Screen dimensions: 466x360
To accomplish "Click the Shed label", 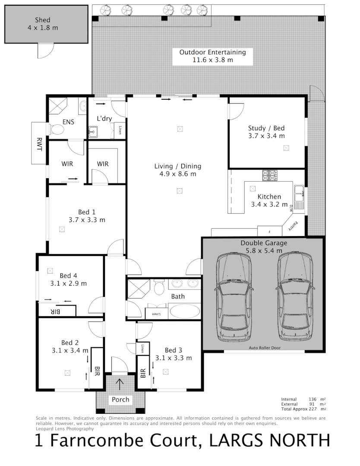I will pyautogui.click(x=42, y=20).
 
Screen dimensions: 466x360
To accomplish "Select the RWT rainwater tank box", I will pyautogui.click(x=39, y=143).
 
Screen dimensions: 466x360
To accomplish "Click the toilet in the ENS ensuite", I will pyautogui.click(x=56, y=129).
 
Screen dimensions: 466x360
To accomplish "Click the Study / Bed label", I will pyautogui.click(x=266, y=128).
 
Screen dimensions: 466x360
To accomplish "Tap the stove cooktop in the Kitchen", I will pyautogui.click(x=270, y=175).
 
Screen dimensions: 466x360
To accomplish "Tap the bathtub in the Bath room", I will pyautogui.click(x=184, y=311).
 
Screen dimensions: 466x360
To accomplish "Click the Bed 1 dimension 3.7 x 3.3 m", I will pyautogui.click(x=87, y=220).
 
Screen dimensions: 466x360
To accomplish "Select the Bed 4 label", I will pyautogui.click(x=69, y=276).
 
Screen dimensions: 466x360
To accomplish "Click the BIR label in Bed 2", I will pyautogui.click(x=97, y=369).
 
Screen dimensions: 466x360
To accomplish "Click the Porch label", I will pyautogui.click(x=120, y=400).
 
